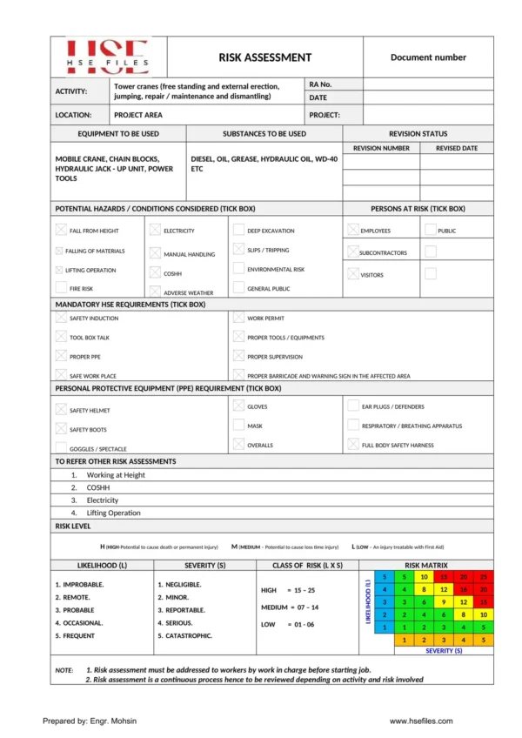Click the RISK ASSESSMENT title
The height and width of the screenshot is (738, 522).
coord(264,57)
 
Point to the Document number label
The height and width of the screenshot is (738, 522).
coord(428,57)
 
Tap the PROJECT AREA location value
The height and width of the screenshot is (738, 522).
coord(138,115)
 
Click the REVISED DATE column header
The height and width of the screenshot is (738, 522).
coord(457,148)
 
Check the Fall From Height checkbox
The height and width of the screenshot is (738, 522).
coord(61,231)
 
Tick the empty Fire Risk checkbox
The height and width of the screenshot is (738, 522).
coord(61,287)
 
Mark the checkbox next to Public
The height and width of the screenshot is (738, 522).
coord(431,231)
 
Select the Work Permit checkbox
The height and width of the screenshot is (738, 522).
coord(238,319)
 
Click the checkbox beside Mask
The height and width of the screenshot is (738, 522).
coord(238,426)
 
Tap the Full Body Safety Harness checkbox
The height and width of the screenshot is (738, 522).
coord(353,445)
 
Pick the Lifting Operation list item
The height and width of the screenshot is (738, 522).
coord(113,513)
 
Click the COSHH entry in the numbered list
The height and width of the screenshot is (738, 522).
coord(97,488)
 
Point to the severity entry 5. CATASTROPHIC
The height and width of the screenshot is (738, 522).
coord(184,636)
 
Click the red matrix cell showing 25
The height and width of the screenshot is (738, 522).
coord(484,576)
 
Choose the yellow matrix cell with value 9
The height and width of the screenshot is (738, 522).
coord(444,601)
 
